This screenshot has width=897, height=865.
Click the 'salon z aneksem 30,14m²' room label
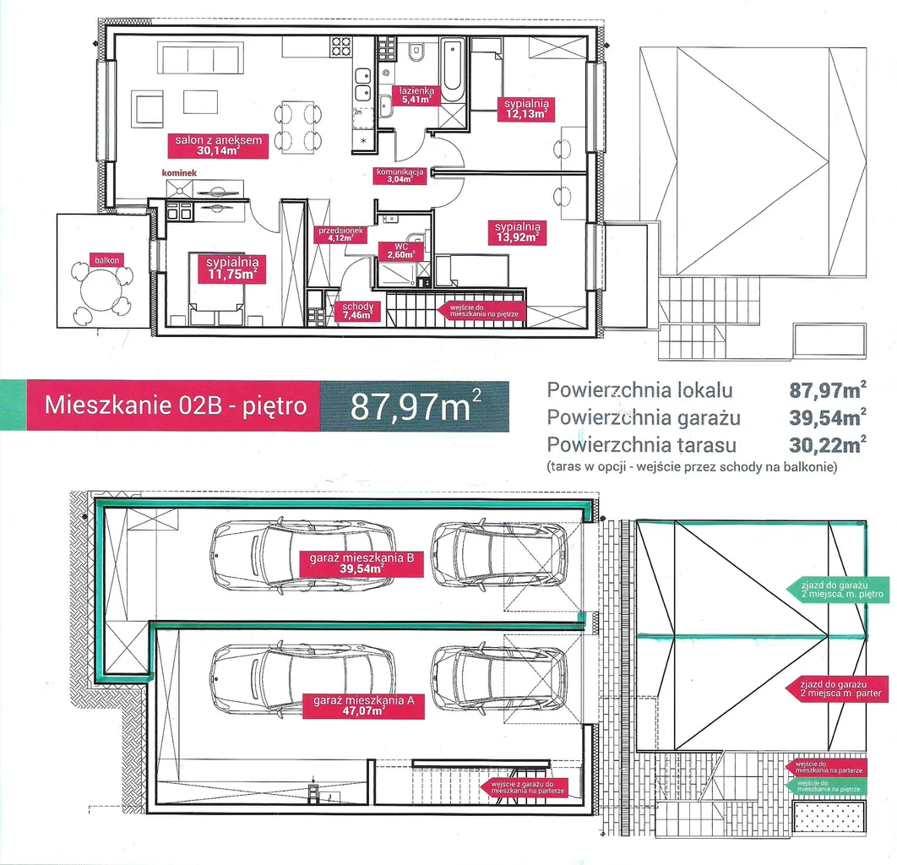[218, 145]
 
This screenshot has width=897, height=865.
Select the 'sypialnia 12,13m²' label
[526, 109]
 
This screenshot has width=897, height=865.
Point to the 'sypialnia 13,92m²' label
[517, 232]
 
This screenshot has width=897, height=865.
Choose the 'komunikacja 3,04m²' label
[400, 175]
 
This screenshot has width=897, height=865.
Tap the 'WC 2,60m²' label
[401, 251]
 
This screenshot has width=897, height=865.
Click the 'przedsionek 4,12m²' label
[340, 235]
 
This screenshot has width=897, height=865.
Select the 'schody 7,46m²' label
[357, 311]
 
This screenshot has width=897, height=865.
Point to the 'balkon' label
[107, 260]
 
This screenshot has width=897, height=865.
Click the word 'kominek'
[179, 173]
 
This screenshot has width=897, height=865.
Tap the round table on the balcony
[102, 291]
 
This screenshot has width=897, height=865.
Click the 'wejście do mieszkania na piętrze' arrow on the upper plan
[481, 311]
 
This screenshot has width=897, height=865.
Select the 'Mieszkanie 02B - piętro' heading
[176, 405]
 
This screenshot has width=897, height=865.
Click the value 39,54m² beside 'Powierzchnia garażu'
[827, 417]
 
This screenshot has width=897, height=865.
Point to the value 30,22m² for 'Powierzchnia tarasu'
[827, 444]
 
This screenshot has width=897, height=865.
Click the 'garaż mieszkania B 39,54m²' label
[362, 563]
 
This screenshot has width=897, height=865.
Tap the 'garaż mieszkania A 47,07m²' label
[362, 706]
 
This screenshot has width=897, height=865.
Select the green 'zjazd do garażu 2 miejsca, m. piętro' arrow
[836, 590]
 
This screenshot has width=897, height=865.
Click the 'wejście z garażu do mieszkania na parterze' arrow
[523, 787]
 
